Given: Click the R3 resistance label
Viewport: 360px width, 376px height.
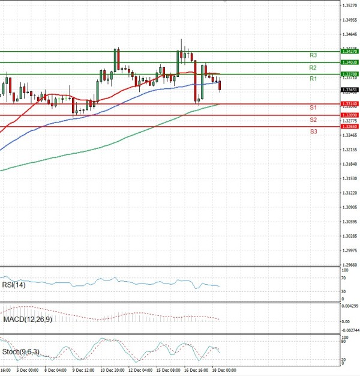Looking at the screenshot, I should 313,55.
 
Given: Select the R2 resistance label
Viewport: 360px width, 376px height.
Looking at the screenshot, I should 313,68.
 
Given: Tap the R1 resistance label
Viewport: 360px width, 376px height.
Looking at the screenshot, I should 313,79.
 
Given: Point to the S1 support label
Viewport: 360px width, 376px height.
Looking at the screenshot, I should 313,108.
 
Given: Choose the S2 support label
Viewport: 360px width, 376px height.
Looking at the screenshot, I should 313,120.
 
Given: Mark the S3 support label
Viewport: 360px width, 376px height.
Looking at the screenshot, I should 313,131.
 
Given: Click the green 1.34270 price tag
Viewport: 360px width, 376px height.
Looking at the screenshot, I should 349,52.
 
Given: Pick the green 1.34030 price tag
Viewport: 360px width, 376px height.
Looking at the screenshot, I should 349,62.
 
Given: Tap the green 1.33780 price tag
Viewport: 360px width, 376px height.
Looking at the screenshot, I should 349,74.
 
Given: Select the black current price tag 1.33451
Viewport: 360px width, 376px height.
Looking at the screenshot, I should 349,89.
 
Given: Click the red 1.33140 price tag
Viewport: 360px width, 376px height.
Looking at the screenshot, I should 349,104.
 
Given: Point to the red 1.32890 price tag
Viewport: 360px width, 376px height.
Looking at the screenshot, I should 349,115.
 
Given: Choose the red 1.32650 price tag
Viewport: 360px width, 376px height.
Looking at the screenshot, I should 349,127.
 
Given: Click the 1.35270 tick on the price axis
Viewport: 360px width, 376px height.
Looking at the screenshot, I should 349,5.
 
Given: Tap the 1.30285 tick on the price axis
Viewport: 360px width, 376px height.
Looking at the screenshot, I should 349,236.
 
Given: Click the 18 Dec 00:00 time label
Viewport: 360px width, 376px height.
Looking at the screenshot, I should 223,370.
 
